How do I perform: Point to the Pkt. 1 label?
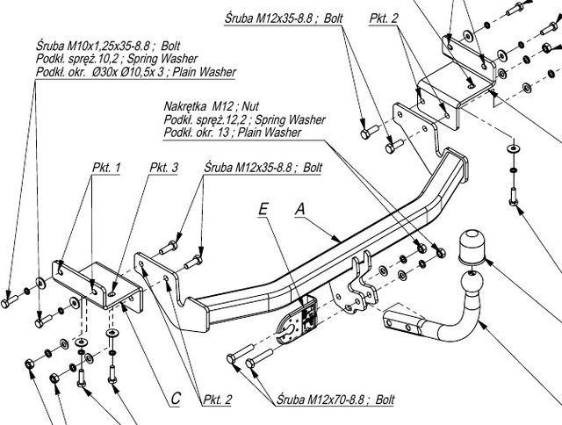[106, 167]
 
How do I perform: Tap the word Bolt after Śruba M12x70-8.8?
[383, 400]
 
